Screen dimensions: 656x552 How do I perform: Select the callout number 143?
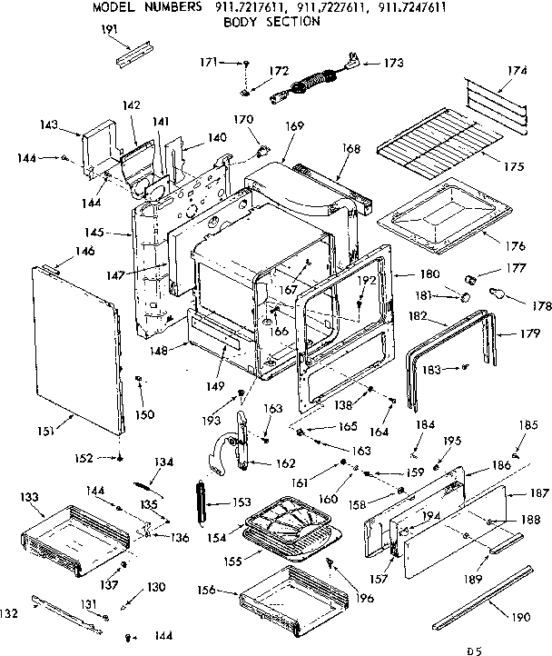(50, 124)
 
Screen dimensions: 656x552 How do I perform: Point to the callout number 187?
(539, 492)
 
